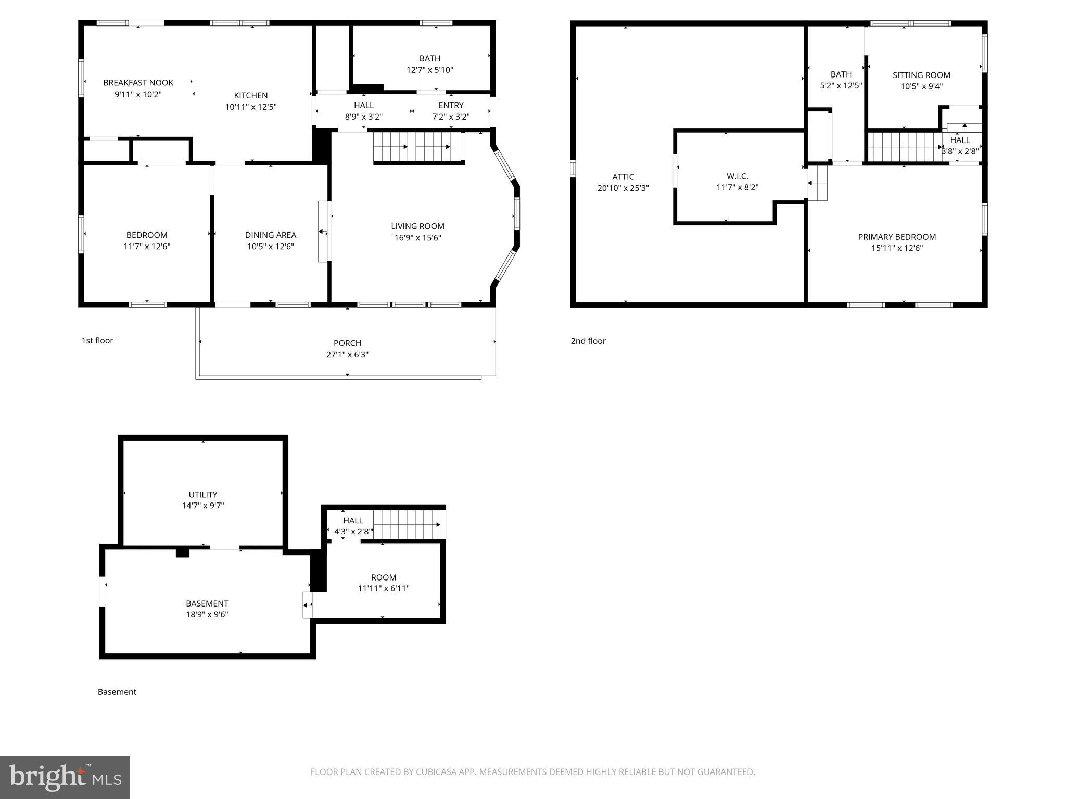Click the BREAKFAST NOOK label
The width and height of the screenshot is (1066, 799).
[138, 83]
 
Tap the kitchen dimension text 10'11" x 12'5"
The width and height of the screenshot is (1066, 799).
[250, 107]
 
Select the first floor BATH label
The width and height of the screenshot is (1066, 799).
[429, 58]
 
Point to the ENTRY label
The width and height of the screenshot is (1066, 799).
[451, 105]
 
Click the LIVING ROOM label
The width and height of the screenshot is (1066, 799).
[417, 226]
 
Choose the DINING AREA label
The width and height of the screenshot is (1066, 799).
[270, 235]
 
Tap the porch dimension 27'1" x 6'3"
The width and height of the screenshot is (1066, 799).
[347, 355]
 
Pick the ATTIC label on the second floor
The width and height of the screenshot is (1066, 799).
[623, 177]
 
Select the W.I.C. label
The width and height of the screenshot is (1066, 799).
[737, 176]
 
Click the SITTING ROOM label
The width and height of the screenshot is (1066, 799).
[921, 75]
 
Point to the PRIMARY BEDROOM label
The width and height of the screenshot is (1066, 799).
[897, 237]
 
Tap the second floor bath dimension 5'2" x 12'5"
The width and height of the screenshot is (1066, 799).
[841, 86]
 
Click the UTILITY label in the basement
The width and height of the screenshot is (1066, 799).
[202, 494]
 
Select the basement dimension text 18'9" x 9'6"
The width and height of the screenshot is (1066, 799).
[207, 614]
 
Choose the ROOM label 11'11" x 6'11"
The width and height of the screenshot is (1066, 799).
[383, 577]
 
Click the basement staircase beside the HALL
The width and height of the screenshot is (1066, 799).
[408, 524]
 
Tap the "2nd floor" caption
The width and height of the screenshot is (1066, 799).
[588, 341]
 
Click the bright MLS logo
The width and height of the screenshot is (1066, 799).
[65, 777]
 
